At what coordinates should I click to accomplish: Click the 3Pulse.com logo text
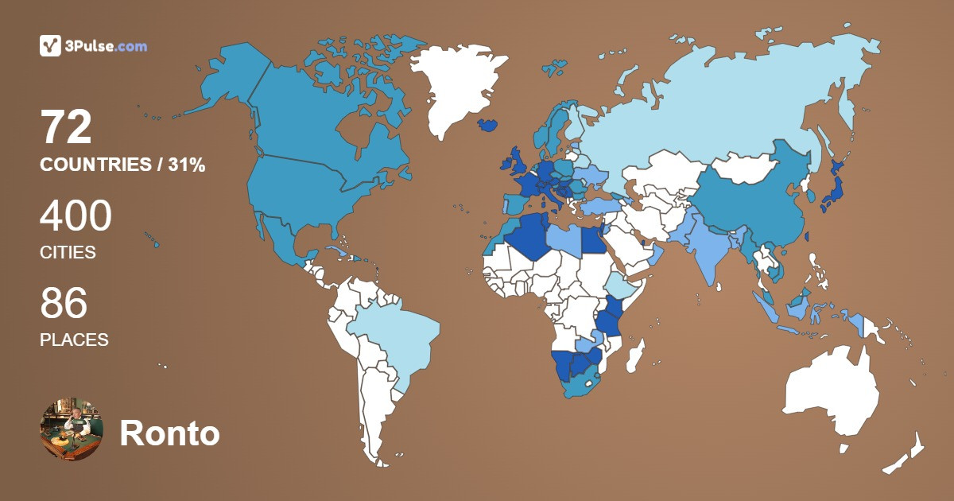click(103, 46)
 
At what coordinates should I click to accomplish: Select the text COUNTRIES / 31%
click(122, 165)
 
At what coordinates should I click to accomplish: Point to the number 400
click(76, 216)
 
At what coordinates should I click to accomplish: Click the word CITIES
click(68, 253)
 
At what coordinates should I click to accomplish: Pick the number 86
click(64, 303)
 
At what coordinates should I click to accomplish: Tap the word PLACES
click(74, 340)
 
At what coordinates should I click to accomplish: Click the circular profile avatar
click(72, 429)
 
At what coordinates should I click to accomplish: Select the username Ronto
click(169, 434)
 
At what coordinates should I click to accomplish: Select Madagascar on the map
click(636, 355)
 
